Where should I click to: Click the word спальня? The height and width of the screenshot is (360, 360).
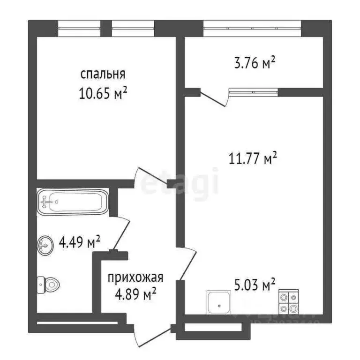click(103, 74)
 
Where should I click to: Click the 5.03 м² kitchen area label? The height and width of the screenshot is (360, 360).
click(255, 284)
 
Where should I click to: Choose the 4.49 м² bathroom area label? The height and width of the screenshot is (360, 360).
click(80, 243)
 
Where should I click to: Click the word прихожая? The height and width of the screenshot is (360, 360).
click(135, 277)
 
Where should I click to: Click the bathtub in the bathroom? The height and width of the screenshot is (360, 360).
click(73, 202)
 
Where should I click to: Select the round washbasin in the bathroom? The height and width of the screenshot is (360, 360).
click(45, 244)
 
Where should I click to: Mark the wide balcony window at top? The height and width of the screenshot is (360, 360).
click(252, 29)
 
